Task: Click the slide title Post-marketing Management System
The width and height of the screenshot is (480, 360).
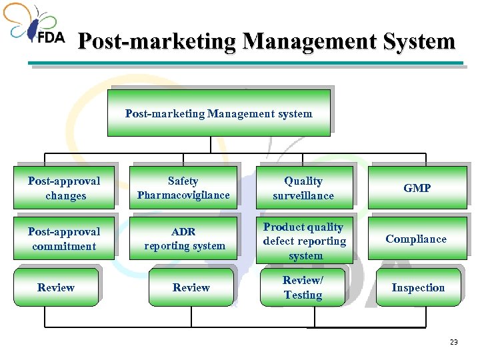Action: tap(266, 42)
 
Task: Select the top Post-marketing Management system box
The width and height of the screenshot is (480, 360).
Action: tap(219, 113)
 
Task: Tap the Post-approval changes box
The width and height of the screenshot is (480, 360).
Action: tap(65, 188)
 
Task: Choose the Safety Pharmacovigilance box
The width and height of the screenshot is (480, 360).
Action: tap(183, 188)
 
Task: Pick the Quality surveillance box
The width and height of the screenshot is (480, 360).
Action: tap(303, 188)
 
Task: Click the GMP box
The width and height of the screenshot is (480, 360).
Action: tap(417, 188)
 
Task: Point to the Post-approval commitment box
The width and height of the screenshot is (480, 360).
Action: tap(65, 239)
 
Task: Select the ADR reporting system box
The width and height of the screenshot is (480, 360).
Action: tap(184, 239)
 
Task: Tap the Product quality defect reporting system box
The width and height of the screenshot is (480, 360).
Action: tap(304, 241)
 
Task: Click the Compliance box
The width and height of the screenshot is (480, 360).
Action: tap(417, 239)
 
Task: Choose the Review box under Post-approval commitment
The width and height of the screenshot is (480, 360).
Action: tap(56, 287)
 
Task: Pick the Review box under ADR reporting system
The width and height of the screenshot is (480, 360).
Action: tap(191, 287)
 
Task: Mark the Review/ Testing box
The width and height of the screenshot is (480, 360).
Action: tap(303, 287)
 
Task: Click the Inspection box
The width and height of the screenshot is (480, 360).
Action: tap(418, 287)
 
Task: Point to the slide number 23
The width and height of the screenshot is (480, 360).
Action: tap(454, 342)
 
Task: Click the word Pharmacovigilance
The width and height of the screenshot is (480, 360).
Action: tap(183, 195)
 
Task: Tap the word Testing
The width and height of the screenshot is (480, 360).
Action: tap(303, 295)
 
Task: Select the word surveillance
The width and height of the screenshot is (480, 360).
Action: tap(303, 195)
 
